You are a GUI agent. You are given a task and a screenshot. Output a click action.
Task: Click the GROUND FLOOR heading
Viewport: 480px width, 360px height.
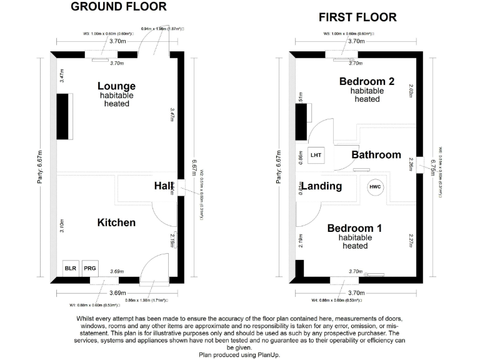click(118, 7)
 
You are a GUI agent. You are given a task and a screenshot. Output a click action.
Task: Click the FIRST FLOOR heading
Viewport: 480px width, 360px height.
click(357, 17)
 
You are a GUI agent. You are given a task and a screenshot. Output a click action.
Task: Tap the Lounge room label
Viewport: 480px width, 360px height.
click(116, 86)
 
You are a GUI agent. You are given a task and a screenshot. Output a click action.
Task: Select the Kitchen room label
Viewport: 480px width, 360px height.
click(116, 222)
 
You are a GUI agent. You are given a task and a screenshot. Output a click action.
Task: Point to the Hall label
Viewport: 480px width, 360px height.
click(164, 186)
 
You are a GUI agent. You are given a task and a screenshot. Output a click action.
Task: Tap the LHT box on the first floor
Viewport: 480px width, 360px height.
click(316, 155)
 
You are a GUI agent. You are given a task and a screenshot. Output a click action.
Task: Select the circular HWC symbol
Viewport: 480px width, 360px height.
click(376, 186)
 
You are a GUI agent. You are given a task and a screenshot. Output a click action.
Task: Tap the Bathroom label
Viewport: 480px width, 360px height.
click(376, 155)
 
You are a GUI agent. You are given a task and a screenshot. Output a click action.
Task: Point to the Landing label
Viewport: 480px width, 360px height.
click(322, 186)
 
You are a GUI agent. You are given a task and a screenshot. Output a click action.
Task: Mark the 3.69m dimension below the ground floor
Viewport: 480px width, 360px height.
click(117, 292)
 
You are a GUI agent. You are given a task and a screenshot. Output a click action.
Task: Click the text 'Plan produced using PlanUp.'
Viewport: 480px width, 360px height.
click(239, 354)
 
